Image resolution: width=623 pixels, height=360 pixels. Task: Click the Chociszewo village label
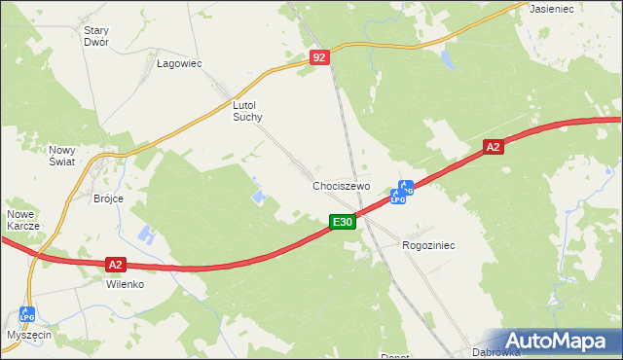pos(342,186)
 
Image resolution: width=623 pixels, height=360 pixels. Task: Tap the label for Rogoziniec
pos(428,246)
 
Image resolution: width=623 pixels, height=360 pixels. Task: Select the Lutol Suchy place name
pos(247,110)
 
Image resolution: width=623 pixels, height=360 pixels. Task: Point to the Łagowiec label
pos(178,63)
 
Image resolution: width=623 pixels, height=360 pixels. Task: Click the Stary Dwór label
pos(95,37)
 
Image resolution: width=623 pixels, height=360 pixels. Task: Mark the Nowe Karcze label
pos(22,220)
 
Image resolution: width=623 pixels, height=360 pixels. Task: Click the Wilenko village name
pos(125,285)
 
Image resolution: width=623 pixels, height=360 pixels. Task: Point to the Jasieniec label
pos(552,8)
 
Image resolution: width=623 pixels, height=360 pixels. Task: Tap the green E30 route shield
pos(342,223)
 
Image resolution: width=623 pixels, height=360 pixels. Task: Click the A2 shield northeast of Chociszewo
pos(494,147)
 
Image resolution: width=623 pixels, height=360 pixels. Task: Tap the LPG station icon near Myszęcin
pos(26,315)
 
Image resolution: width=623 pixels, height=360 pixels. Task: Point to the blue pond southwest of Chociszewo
pos(259,198)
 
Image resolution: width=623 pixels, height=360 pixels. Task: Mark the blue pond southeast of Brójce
pos(146,235)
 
